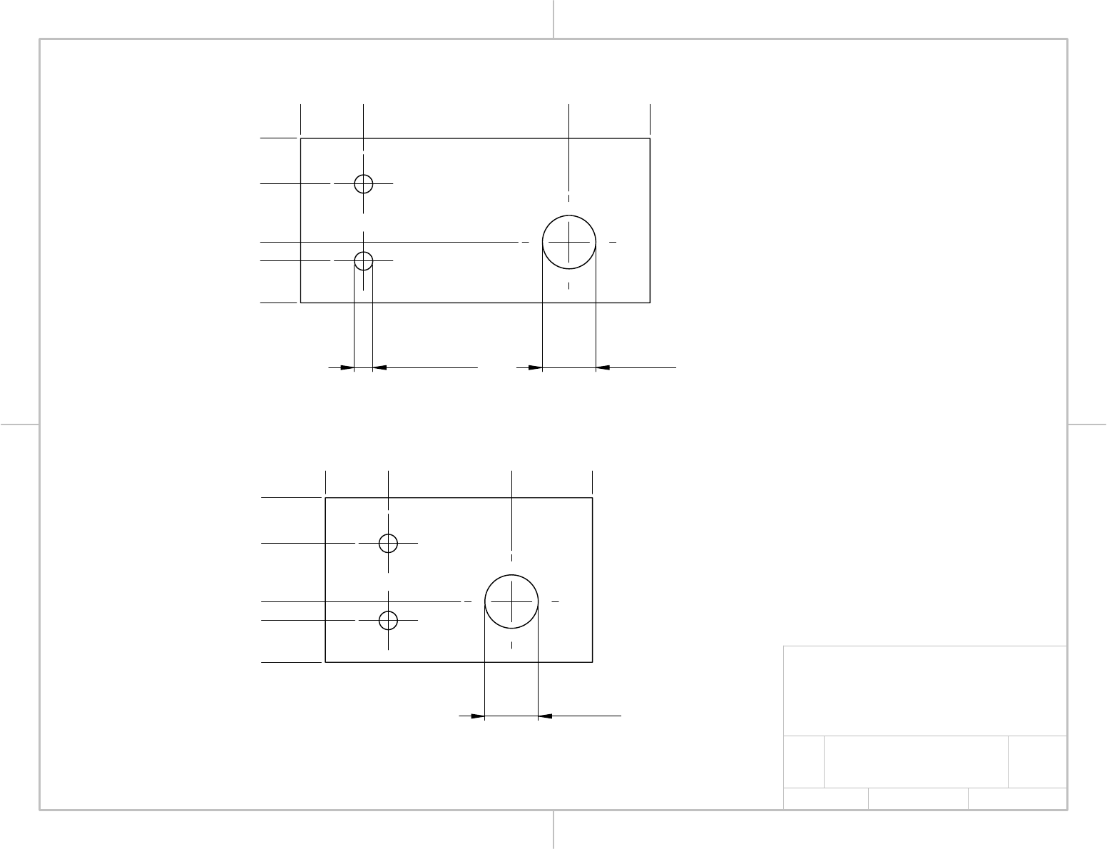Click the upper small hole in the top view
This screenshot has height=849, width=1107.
coord(364,183)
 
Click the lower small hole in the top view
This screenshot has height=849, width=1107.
coord(364,260)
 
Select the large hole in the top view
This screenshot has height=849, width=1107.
coord(569,242)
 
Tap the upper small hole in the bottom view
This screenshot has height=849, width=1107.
coord(388,543)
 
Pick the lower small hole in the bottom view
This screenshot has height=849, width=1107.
coord(388,620)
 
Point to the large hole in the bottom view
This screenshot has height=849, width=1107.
coord(511,601)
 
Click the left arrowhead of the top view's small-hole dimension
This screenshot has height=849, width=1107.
coord(347,367)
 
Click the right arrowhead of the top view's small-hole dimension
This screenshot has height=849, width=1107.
coord(380,367)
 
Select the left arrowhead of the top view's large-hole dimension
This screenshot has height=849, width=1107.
coord(535,367)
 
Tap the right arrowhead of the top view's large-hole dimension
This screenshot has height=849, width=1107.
coord(603,367)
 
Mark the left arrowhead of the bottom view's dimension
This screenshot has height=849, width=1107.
coord(477,715)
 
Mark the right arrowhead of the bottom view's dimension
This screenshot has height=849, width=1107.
coord(545,715)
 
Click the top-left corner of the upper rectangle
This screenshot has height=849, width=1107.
coord(301,138)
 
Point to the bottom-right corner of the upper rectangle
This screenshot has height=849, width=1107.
coord(650,303)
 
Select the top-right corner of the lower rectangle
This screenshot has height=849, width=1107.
coord(593,498)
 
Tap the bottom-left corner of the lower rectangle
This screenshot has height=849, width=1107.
coord(326,662)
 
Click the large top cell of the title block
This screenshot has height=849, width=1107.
coord(925,691)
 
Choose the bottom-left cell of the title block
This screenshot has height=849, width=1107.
coord(826,798)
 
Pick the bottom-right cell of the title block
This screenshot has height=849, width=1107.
coord(1017,798)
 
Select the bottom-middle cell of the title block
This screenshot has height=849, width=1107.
coord(918,798)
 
